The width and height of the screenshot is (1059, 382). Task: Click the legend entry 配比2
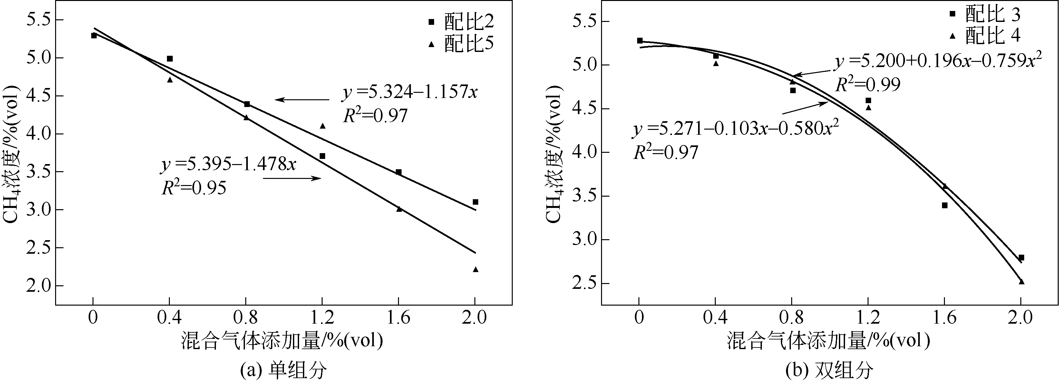coord(461,22)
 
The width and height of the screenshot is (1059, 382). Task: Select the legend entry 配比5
coord(461,44)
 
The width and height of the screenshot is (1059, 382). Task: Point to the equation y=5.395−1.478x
coord(228,164)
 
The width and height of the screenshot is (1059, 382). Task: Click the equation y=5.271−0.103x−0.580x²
coord(735,128)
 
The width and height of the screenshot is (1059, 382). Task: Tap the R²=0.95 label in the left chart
coord(194,188)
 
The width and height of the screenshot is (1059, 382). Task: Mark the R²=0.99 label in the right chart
coord(868,84)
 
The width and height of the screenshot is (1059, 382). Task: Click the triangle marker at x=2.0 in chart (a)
coord(476,269)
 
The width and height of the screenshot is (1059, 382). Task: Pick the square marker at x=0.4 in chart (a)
coord(170,59)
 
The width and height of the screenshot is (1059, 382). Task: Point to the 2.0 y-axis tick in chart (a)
coord(37,286)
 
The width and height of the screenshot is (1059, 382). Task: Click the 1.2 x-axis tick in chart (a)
coord(322,318)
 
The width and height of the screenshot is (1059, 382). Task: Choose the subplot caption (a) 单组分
coord(284,370)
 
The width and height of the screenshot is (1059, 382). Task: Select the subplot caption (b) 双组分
coord(829,370)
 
